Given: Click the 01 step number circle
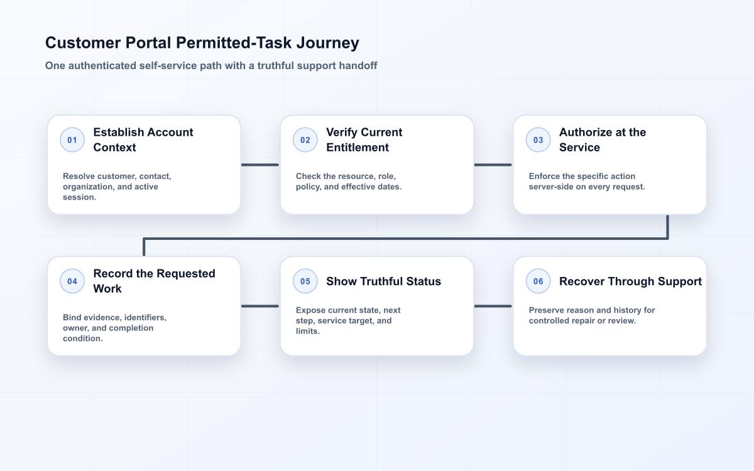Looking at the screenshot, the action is pos(72,139).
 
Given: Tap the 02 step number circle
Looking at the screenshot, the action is pos(305,139).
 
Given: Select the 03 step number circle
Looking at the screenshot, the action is pos(538,139).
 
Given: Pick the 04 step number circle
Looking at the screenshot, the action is pos(72,281).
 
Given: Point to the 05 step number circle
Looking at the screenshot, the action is pos(305,281).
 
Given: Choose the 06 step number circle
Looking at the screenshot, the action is pos(538,281).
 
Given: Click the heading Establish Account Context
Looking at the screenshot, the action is pos(143,139).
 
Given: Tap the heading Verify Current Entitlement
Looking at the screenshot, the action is pos(364,139).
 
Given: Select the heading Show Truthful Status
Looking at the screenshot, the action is pos(383,281).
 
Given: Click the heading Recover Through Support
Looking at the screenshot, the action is pos(630,281).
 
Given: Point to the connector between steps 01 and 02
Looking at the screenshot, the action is pos(260,165).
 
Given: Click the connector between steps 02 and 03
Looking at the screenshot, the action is pos(493,165).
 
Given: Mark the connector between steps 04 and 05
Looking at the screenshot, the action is pos(260,306).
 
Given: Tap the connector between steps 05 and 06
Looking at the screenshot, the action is pos(493,306).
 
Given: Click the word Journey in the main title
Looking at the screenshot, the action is pos(328,43).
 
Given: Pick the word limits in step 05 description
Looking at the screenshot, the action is pos(308,331).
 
